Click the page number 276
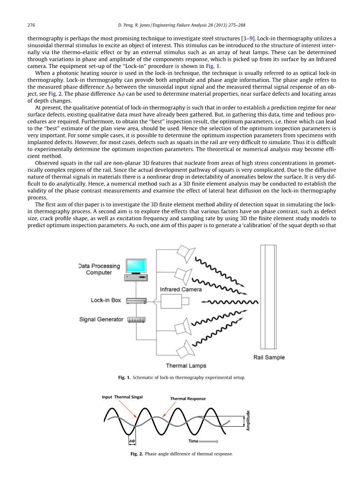31,25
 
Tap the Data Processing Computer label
99,269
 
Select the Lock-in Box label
106,300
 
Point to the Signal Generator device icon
136,320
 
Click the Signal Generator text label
101,319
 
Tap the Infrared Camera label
181,289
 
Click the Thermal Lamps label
186,366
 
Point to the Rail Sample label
269,358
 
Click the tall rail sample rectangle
269,298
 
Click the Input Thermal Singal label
122,397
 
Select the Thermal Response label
188,399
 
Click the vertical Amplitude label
247,420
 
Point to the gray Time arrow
209,441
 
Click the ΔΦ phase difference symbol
132,441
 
